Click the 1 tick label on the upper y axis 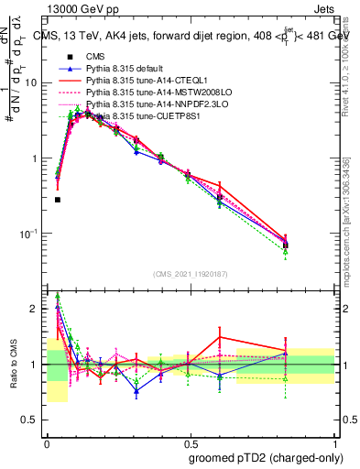[x=36, y=158]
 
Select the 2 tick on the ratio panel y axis [x=36, y=309]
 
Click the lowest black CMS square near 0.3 [x=57, y=200]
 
